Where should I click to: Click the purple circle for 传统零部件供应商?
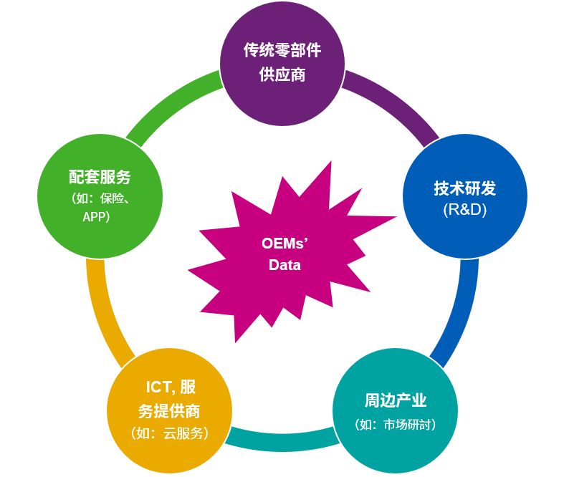[x=282, y=64]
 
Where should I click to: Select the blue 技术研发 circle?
[x=465, y=196]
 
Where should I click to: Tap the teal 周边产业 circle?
[x=396, y=411]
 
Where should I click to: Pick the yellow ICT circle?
[x=169, y=411]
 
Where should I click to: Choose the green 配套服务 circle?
[x=100, y=196]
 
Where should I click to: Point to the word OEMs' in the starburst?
[x=285, y=244]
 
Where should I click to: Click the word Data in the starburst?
[x=285, y=265]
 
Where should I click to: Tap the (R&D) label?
[x=464, y=210]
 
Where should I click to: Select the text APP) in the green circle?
[x=96, y=217]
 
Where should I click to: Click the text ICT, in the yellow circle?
[x=160, y=387]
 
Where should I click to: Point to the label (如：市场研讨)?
[x=396, y=425]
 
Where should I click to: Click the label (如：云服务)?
[x=169, y=433]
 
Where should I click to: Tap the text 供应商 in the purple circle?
[x=282, y=74]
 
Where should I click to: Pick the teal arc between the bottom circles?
[x=282, y=439]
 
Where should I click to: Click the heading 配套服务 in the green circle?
[x=100, y=176]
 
